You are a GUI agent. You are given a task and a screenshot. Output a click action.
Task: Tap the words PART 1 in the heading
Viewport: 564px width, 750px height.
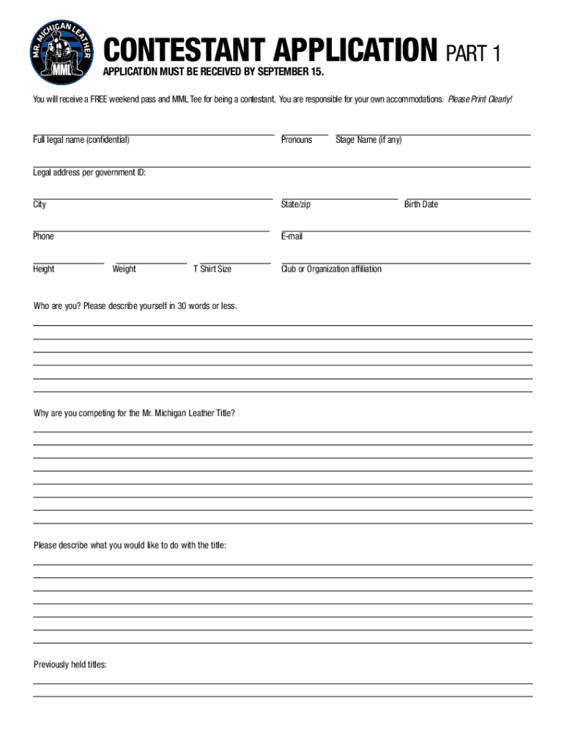[473, 54]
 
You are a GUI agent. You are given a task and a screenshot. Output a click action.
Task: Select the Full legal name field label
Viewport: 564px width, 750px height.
[81, 140]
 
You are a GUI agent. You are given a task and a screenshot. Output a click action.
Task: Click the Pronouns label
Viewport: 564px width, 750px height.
[297, 140]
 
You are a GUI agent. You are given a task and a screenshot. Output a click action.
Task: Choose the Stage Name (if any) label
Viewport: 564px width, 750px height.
[368, 140]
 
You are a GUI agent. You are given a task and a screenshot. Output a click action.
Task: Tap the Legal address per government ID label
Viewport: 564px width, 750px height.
[89, 173]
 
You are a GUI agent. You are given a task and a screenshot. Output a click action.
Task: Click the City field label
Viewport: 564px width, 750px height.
[40, 204]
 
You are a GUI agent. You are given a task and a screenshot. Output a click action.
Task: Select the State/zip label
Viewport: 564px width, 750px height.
[296, 204]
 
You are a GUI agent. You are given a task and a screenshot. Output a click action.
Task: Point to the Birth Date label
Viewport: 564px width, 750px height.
[421, 204]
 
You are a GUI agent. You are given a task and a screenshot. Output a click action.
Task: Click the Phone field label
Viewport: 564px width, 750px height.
[43, 237]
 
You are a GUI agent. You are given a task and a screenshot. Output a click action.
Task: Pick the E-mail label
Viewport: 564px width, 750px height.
[292, 237]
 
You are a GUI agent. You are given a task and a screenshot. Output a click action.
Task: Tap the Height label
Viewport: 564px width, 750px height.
[44, 269]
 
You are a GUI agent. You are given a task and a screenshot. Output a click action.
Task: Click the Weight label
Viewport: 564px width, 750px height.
[125, 269]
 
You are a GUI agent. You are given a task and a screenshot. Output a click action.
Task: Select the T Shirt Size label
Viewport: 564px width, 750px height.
[212, 269]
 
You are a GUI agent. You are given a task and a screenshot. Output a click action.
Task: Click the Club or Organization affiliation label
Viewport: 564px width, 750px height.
[331, 269]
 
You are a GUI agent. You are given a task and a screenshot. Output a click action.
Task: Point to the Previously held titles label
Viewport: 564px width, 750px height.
[70, 665]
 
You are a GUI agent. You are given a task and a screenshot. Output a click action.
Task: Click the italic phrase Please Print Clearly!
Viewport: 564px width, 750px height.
[480, 99]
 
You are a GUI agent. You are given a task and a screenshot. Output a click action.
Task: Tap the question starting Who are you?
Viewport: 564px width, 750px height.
[136, 306]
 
